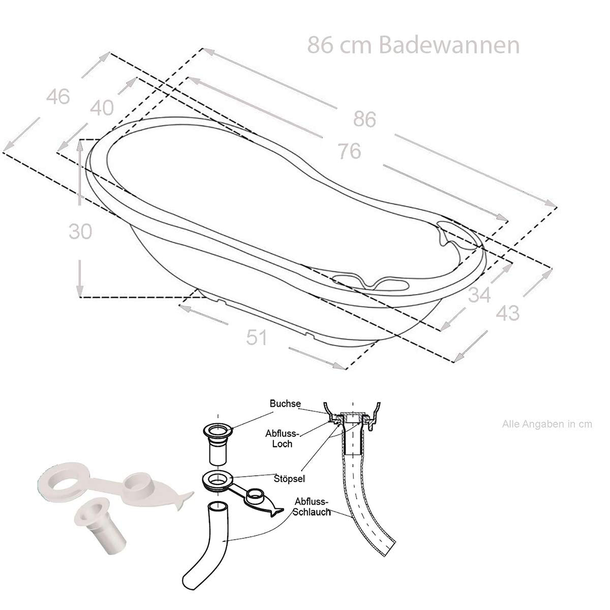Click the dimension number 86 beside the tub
pos(364,119)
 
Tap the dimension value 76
pos(349,151)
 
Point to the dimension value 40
pos(102,107)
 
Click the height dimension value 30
pos(80,231)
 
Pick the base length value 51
pos(256,337)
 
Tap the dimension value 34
pos(479,295)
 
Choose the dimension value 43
pos(508,313)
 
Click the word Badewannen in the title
pos(449,45)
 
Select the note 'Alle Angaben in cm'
pos(547,424)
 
